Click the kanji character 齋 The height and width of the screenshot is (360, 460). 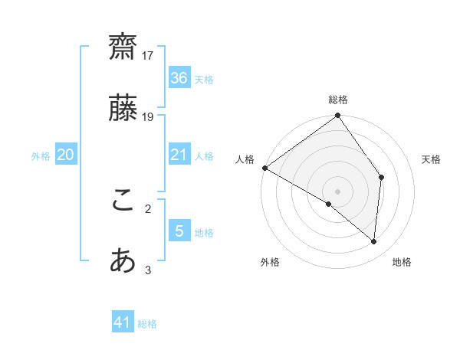point(123,46)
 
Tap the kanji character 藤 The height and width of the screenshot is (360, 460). point(123,107)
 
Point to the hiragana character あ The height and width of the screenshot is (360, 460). point(123,261)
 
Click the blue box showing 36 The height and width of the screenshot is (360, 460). point(179,78)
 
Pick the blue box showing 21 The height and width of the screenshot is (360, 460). point(179,155)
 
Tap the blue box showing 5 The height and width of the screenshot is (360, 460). point(179,231)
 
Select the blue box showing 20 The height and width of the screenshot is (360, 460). point(65,155)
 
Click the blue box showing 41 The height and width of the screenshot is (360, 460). point(123,322)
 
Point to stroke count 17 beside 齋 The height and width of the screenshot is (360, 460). point(148,55)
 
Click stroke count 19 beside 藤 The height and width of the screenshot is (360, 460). point(148,116)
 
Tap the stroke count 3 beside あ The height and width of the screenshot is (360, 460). point(148,270)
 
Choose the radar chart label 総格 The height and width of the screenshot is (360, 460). point(338,100)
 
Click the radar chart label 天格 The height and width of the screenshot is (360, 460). point(432,159)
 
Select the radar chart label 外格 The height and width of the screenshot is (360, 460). point(270,262)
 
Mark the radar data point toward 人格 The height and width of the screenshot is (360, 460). point(264,168)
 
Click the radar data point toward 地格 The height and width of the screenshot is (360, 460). point(374,241)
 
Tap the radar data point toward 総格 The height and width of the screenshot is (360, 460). point(338,116)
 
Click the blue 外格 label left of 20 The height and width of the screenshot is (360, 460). point(41,155)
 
